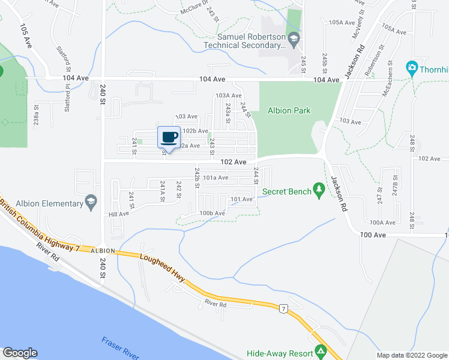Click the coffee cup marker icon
click(x=169, y=137)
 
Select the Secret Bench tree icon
click(x=320, y=191)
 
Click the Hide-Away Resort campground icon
click(x=321, y=350)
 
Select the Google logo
click(x=20, y=353)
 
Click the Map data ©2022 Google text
click(x=411, y=355)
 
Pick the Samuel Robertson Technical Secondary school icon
click(x=294, y=40)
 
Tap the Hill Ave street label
click(x=118, y=214)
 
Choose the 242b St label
click(x=196, y=178)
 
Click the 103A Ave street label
click(x=228, y=95)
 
